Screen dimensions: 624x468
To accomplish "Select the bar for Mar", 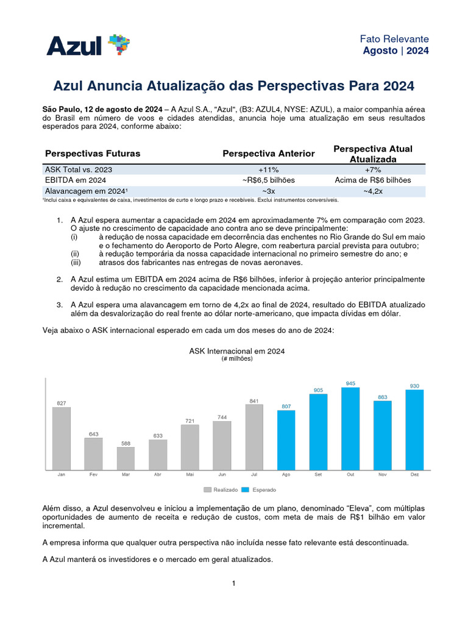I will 126,458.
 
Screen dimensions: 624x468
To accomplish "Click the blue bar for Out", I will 350,428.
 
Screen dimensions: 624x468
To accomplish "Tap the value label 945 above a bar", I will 350,383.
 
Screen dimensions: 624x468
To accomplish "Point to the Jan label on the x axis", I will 61,474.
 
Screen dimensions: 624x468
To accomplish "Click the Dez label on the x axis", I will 414,474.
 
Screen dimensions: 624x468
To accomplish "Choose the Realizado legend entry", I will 221,490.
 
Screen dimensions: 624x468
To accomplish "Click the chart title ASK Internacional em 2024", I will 237,351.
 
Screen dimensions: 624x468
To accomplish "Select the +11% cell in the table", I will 269,169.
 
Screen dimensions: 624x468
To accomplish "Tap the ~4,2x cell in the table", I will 373,191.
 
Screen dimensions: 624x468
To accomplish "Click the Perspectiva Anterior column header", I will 269,154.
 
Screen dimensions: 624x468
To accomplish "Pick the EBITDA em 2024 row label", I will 76,180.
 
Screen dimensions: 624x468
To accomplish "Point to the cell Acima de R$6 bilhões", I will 373,180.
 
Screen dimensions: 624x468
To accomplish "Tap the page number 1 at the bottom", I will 234,583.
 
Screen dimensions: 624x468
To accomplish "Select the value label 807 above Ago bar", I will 286,406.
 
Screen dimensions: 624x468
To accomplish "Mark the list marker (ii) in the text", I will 75,254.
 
